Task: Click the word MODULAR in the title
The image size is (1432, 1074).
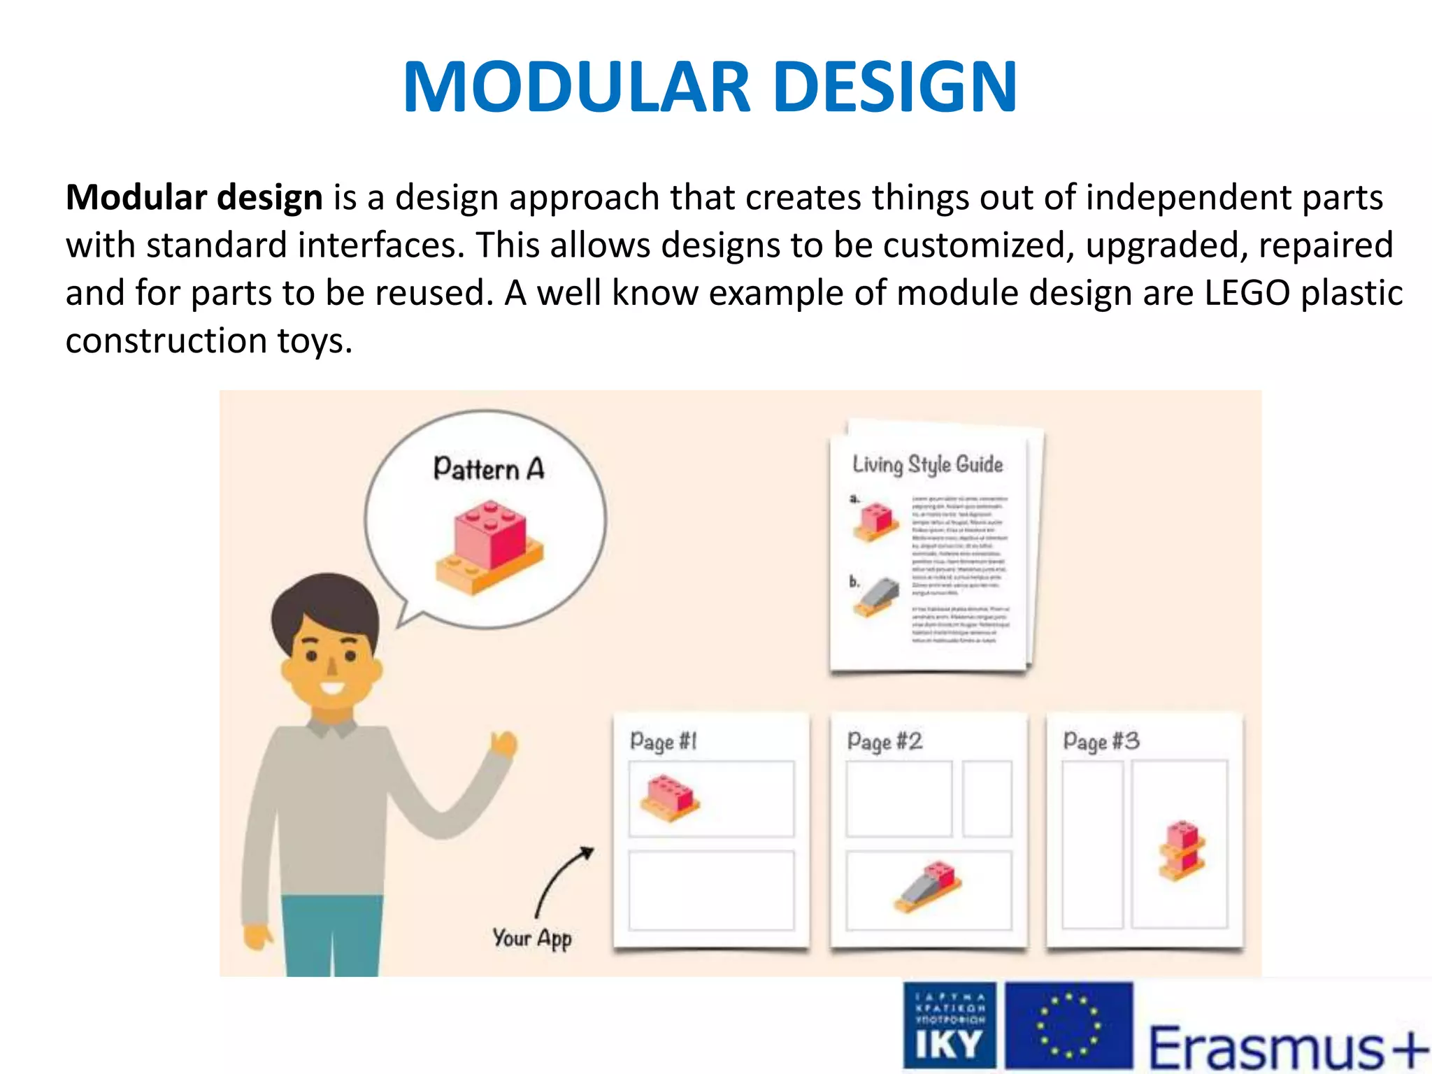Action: [x=577, y=87]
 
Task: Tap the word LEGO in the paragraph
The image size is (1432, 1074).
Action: [x=1247, y=293]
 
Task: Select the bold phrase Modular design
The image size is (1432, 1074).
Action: [x=194, y=198]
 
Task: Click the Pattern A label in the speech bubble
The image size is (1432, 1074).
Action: [x=488, y=468]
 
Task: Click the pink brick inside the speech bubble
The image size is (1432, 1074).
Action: [x=489, y=535]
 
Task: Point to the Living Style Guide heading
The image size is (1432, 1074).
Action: [x=927, y=465]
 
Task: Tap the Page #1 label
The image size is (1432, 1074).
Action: [x=663, y=741]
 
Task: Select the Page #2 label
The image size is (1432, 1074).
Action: [x=885, y=741]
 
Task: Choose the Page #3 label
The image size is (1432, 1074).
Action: [x=1101, y=741]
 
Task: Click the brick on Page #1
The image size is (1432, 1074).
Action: [x=670, y=797]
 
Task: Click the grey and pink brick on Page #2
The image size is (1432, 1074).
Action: [x=928, y=886]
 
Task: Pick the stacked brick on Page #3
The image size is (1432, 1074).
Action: [x=1182, y=850]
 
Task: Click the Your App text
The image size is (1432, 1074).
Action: [x=531, y=938]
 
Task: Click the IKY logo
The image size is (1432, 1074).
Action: [x=949, y=1026]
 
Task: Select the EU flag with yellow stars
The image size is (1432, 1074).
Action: [x=1068, y=1026]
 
